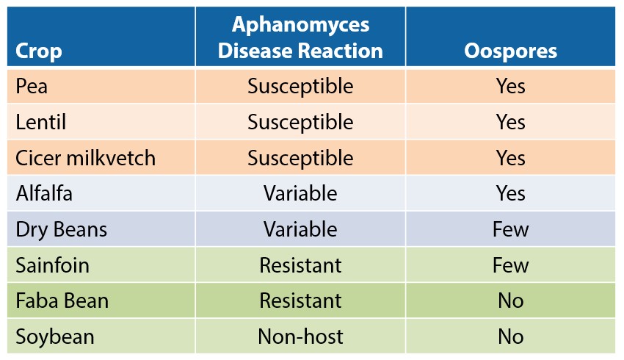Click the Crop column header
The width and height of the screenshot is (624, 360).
pos(39,51)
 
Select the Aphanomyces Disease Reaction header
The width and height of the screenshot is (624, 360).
pos(300,37)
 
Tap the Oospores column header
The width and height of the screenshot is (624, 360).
pos(511,51)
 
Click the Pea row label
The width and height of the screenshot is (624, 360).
pos(32,86)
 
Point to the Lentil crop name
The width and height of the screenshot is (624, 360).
pos(40,122)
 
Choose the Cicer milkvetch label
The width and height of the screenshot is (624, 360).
pos(85,158)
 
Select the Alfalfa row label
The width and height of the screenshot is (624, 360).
pos(44,193)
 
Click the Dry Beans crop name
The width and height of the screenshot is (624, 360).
pos(61,229)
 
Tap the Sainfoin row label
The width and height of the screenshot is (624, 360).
pos(52,265)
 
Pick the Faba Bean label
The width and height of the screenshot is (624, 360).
pos(62,300)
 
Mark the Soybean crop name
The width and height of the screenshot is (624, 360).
pos(54,337)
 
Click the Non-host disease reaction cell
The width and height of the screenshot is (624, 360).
pos(300,337)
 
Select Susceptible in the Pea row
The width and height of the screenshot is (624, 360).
pos(300,87)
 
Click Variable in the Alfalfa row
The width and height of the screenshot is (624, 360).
pos(300,193)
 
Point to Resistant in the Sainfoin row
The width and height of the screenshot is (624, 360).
pos(300,265)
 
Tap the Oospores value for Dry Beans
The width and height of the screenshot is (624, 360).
pos(511,229)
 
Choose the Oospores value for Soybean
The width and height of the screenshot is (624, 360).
pos(511,337)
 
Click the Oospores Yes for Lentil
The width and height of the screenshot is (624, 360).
pos(511,122)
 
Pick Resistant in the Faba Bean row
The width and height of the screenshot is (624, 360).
pos(300,300)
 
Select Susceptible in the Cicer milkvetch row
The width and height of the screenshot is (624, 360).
pos(300,158)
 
